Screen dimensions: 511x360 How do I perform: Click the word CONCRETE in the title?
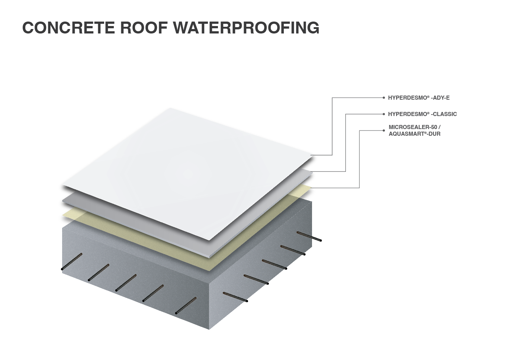[68, 28]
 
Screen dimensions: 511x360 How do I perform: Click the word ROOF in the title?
[144, 28]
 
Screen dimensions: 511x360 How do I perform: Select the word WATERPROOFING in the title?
[246, 28]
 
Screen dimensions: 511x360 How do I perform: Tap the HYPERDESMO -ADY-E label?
[419, 98]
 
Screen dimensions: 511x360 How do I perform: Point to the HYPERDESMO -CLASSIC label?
[422, 114]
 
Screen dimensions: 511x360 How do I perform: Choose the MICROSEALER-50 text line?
[415, 127]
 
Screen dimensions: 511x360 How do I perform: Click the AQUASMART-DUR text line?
[415, 134]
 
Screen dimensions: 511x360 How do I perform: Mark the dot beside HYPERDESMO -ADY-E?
[384, 98]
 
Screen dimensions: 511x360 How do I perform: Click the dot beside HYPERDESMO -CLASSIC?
[384, 114]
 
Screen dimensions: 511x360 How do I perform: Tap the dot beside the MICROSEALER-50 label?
[384, 131]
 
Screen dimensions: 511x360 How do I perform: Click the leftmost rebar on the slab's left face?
[72, 262]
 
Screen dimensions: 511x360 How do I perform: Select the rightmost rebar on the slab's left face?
[186, 306]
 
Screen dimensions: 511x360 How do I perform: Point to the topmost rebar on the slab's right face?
[309, 237]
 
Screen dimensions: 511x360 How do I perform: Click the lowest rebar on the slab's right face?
[235, 297]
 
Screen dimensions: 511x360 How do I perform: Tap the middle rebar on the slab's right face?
[275, 264]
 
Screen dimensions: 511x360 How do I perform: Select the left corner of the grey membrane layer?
[62, 201]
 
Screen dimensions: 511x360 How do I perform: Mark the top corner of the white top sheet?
[170, 108]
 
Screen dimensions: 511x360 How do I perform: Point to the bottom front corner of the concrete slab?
[209, 330]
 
